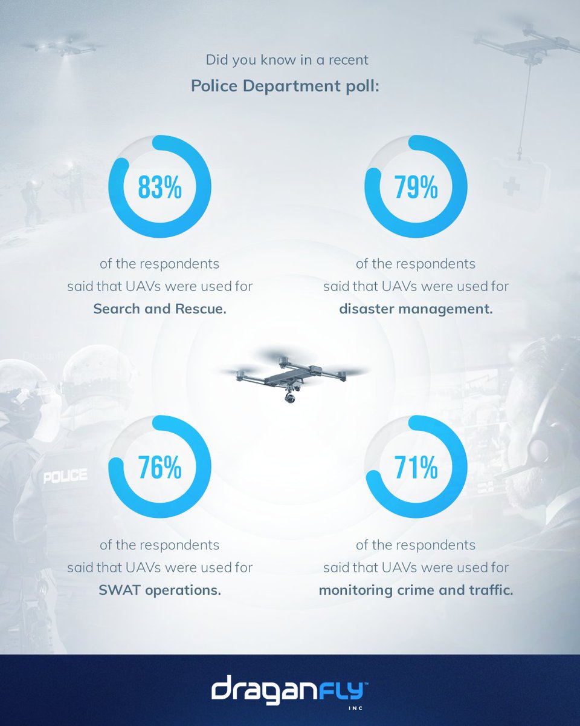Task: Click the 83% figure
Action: point(159,188)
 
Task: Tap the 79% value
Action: point(416,188)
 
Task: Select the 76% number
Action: point(159,468)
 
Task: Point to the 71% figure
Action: point(416,468)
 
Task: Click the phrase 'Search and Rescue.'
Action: point(159,309)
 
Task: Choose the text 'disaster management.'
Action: point(416,309)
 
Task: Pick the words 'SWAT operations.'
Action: point(159,590)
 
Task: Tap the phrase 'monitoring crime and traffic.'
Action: point(416,590)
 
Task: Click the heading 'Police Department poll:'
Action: point(285,85)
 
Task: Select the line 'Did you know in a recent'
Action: point(287,60)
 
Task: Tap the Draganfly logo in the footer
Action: point(290,690)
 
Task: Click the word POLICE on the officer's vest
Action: point(65,476)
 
